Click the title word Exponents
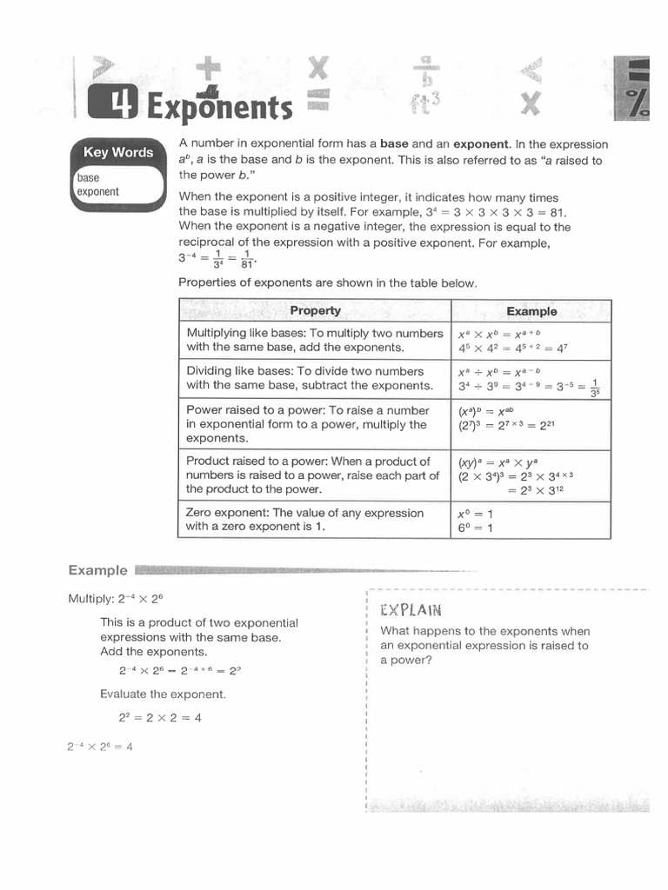[x=220, y=108]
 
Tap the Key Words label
[x=117, y=152]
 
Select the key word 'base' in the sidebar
[x=89, y=177]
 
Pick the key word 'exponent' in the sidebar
[x=98, y=191]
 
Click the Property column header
[x=315, y=311]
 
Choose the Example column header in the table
[x=531, y=311]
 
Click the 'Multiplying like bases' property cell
[x=314, y=341]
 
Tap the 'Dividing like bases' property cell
[x=314, y=378]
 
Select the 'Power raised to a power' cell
[x=314, y=424]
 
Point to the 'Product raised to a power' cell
[x=314, y=475]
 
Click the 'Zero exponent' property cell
[x=314, y=520]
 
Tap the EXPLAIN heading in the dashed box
[x=411, y=609]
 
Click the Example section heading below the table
[x=97, y=570]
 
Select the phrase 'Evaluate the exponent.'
[x=163, y=694]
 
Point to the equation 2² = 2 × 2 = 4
[x=160, y=718]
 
